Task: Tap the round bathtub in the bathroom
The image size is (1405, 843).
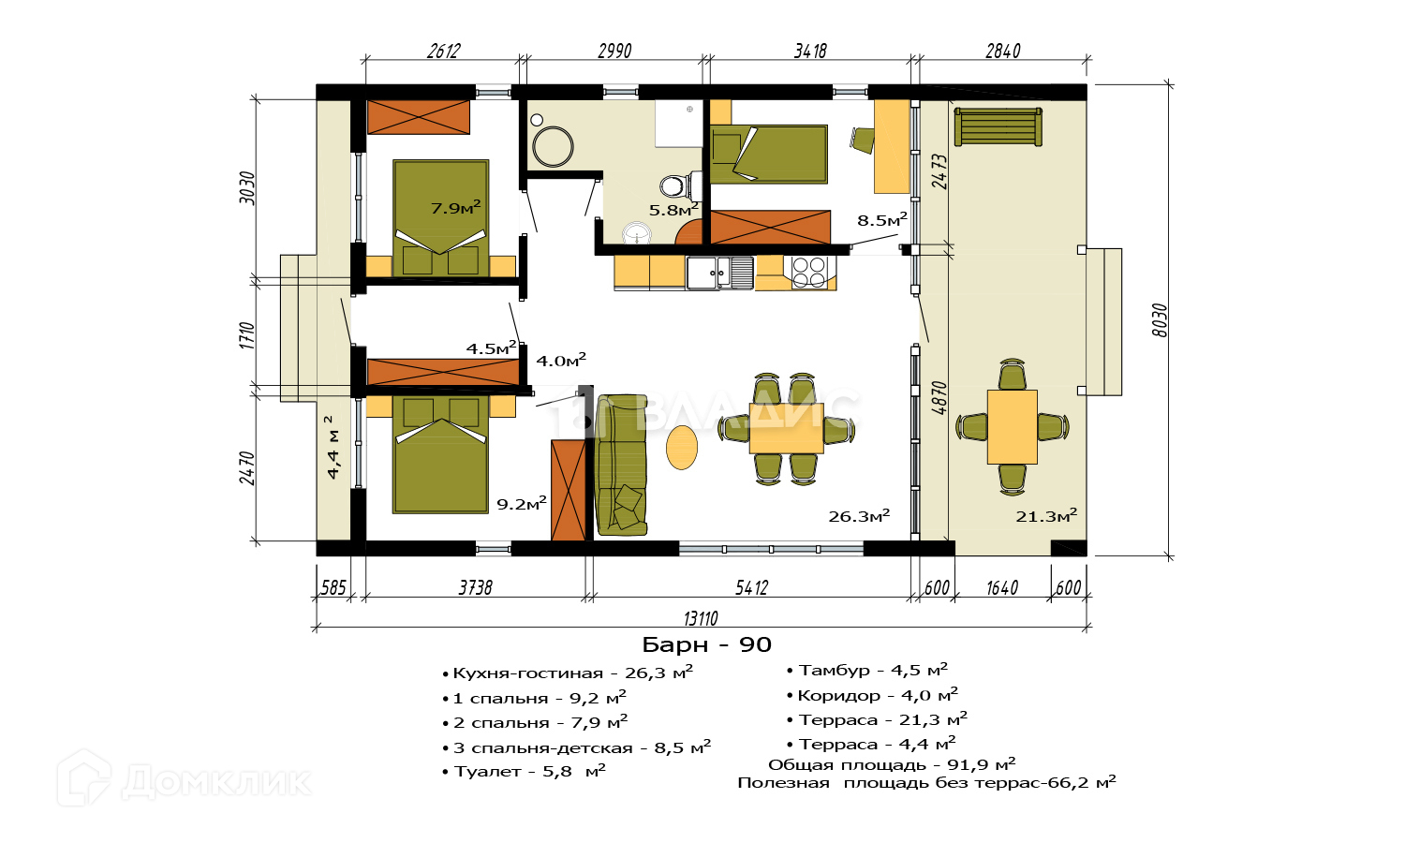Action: (x=553, y=147)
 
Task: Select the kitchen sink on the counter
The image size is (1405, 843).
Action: (x=720, y=273)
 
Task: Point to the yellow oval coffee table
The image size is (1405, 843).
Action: (x=682, y=447)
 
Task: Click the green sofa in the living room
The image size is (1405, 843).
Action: (x=621, y=465)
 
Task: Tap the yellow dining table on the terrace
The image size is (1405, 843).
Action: (x=1012, y=426)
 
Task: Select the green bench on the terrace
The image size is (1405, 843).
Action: (x=998, y=127)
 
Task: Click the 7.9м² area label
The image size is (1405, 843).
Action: (x=455, y=207)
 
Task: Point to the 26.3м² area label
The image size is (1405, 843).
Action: (x=859, y=515)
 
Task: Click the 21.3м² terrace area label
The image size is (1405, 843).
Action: (x=1046, y=515)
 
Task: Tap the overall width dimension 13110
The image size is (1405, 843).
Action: (x=701, y=618)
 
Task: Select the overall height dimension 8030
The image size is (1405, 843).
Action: (x=1161, y=320)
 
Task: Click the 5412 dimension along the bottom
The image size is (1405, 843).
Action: (x=751, y=587)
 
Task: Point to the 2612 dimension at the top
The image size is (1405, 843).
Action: (x=443, y=51)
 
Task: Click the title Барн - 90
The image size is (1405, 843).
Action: (x=706, y=644)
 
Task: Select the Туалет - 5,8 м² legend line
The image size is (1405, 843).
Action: (x=525, y=771)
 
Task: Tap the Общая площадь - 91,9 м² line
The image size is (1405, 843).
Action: (x=892, y=764)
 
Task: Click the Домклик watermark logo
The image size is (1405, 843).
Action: (x=184, y=778)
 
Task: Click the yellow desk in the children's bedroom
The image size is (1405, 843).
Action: (x=892, y=146)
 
